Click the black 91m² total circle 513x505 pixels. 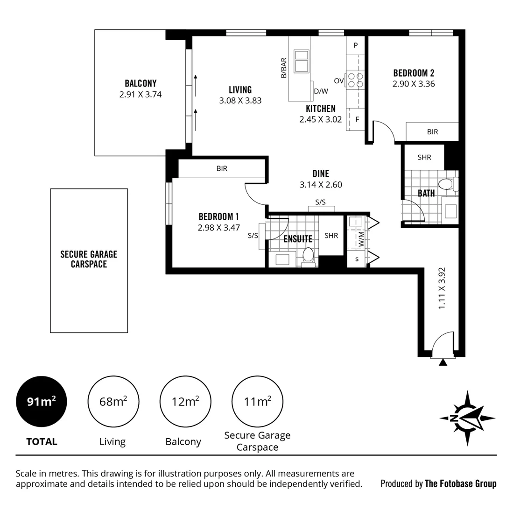point(42,401)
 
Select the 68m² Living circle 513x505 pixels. point(113,401)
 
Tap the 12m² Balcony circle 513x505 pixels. point(185,401)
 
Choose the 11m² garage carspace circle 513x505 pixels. point(257,401)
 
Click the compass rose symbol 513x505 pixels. point(467,418)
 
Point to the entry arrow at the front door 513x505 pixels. point(443,361)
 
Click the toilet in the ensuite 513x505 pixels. point(308,256)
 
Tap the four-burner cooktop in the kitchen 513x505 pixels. point(354,80)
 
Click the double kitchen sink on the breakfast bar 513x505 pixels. point(301,60)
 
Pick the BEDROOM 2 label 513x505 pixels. point(414,73)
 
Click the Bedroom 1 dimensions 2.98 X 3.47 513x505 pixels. point(218,228)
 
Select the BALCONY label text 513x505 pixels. point(141,83)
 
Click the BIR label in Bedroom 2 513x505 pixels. point(432,132)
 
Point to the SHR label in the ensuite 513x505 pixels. point(331,236)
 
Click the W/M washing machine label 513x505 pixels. point(361,239)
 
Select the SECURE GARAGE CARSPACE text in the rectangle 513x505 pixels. point(89,259)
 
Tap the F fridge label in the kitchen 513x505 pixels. point(357,119)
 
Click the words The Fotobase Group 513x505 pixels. point(460,483)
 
